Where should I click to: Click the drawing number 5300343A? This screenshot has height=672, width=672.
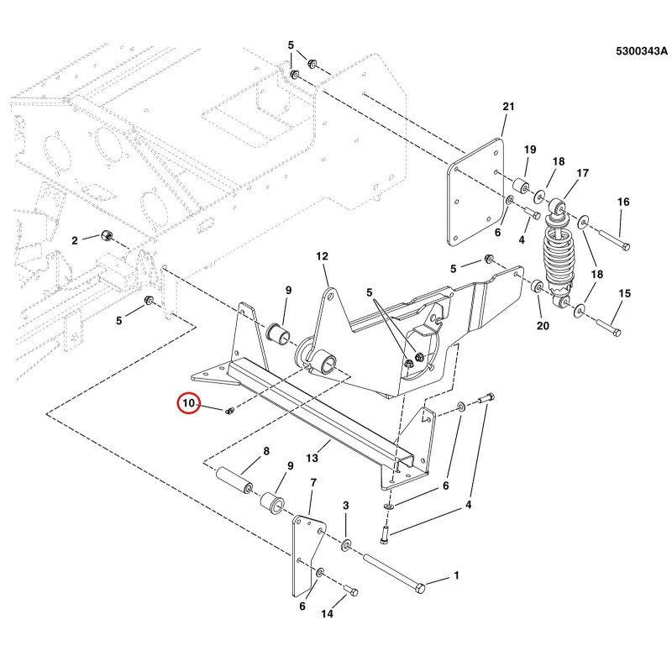[642, 51]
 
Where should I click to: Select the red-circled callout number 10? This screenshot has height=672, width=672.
[189, 403]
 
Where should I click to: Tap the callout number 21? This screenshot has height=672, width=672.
[508, 107]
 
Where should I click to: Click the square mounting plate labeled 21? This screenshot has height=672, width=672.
[475, 192]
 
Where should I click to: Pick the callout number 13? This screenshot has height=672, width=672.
[312, 458]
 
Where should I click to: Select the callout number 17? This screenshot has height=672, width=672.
[582, 173]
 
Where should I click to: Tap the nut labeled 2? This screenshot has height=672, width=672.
[107, 235]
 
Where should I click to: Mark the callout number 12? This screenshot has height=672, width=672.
[322, 256]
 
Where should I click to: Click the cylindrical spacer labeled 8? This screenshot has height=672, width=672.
[234, 480]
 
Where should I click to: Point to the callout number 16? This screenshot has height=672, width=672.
[623, 202]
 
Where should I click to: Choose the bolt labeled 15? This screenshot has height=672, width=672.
[608, 328]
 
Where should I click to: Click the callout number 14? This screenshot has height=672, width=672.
[327, 614]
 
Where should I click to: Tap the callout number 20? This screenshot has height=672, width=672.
[543, 326]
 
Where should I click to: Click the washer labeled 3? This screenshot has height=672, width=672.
[346, 545]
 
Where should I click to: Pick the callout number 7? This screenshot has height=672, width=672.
[313, 483]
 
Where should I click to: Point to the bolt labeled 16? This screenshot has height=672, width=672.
[615, 241]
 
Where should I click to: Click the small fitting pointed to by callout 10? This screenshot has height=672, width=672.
[229, 411]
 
